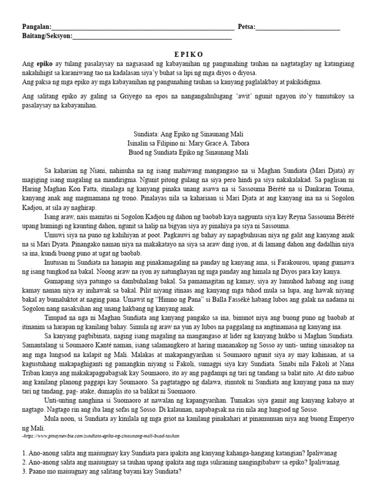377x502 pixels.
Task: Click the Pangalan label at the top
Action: click(36, 26)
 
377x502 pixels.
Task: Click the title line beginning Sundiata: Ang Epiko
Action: click(188, 134)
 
